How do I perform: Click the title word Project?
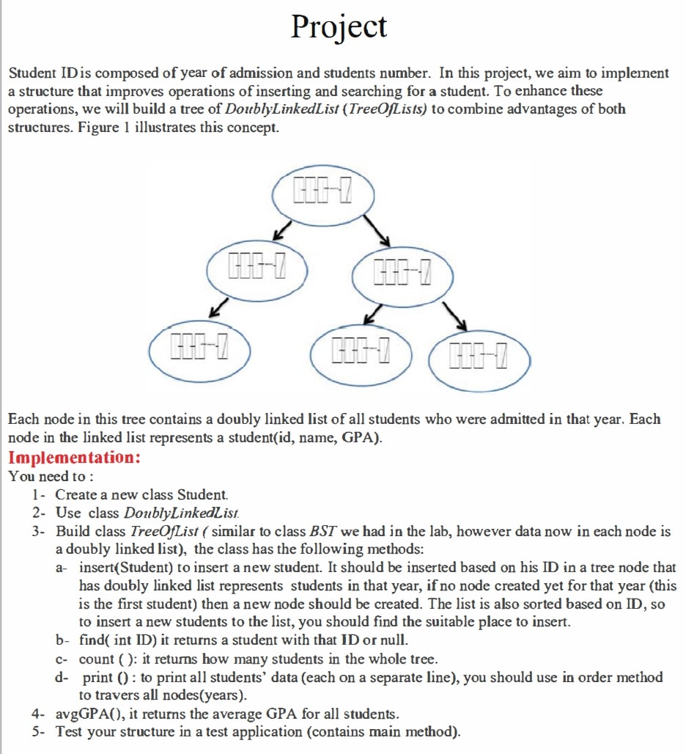click(339, 27)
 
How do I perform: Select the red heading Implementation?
click(73, 458)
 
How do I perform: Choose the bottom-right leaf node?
click(479, 359)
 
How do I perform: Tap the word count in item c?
click(96, 659)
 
